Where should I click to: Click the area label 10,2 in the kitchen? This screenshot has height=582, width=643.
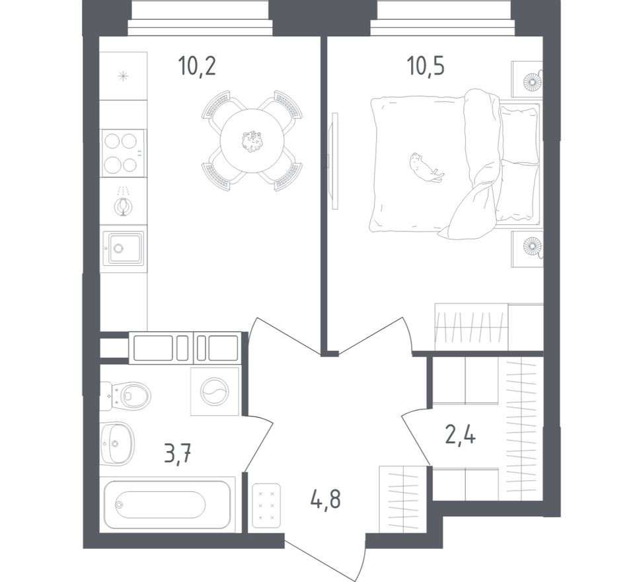click(x=197, y=66)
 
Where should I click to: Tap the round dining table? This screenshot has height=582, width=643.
click(x=252, y=141)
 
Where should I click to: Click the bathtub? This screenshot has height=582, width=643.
click(x=169, y=504)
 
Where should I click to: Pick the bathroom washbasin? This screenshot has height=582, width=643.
click(x=117, y=442)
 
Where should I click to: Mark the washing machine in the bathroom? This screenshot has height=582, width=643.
click(x=214, y=392)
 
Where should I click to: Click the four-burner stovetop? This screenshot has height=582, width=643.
click(x=122, y=153)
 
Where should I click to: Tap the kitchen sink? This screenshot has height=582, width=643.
click(x=123, y=248)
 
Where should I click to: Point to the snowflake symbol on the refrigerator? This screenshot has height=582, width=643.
click(x=123, y=76)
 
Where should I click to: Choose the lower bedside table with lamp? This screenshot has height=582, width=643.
click(x=528, y=248)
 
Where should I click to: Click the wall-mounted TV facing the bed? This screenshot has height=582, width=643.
click(x=334, y=161)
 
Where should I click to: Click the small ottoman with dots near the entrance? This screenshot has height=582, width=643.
click(x=266, y=505)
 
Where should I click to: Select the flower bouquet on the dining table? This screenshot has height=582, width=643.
click(x=252, y=141)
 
